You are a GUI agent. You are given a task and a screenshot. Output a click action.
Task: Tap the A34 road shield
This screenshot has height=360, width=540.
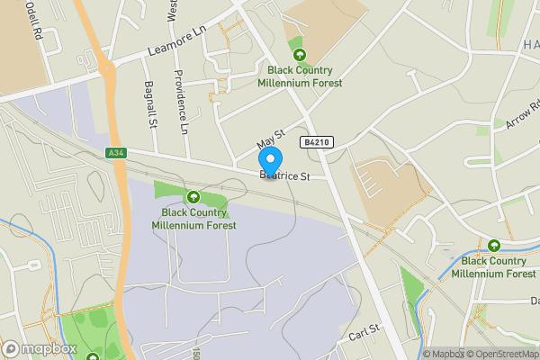(x=114, y=153)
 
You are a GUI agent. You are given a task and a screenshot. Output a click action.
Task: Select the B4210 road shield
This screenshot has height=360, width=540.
(x=318, y=141)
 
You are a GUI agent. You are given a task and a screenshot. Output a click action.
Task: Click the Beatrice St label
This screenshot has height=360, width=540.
(x=284, y=176)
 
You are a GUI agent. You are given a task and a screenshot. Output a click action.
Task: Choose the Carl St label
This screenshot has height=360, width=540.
(x=364, y=333)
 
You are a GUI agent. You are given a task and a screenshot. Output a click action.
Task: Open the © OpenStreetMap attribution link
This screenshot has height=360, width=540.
(x=499, y=354)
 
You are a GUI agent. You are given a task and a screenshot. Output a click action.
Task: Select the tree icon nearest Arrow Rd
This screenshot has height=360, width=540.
(x=493, y=245)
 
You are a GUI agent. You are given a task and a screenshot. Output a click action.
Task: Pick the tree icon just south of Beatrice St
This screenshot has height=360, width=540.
(x=192, y=196)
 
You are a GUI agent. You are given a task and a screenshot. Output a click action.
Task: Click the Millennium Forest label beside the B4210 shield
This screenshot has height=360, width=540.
(x=295, y=76)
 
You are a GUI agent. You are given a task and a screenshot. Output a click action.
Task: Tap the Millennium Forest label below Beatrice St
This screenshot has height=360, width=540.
(x=198, y=219)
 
